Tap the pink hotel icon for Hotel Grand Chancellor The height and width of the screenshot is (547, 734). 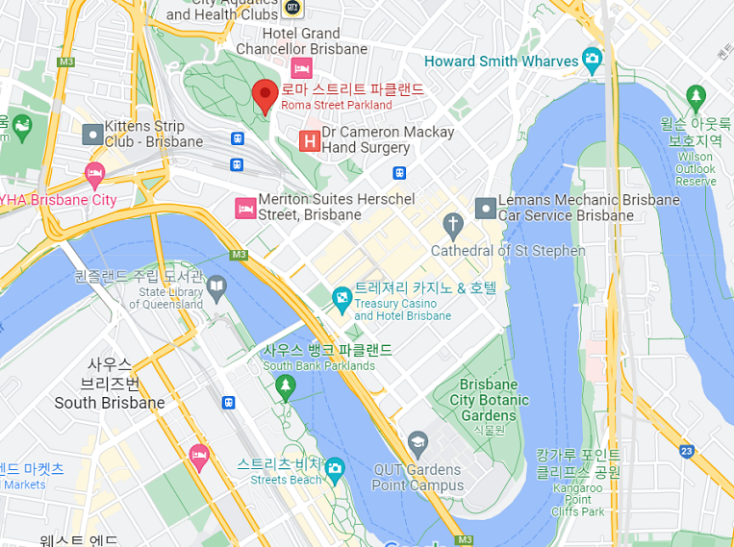pyautogui.click(x=301, y=68)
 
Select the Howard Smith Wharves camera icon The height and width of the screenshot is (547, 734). pyautogui.click(x=592, y=60)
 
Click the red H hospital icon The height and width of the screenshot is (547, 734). pyautogui.click(x=310, y=140)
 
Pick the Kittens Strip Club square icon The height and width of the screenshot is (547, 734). pyautogui.click(x=92, y=134)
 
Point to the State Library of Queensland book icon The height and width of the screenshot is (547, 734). pyautogui.click(x=217, y=286)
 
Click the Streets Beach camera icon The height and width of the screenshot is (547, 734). pyautogui.click(x=335, y=470)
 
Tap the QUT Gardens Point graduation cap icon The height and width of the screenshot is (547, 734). pyautogui.click(x=418, y=444)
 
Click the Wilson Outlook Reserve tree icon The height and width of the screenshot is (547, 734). pyautogui.click(x=696, y=97)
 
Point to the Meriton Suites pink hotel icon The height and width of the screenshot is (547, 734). pyautogui.click(x=245, y=207)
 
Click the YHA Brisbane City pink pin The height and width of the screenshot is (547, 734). pyautogui.click(x=94, y=174)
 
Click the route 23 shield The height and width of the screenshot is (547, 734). pyautogui.click(x=686, y=450)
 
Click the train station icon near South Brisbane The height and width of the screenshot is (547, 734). pyautogui.click(x=229, y=402)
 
